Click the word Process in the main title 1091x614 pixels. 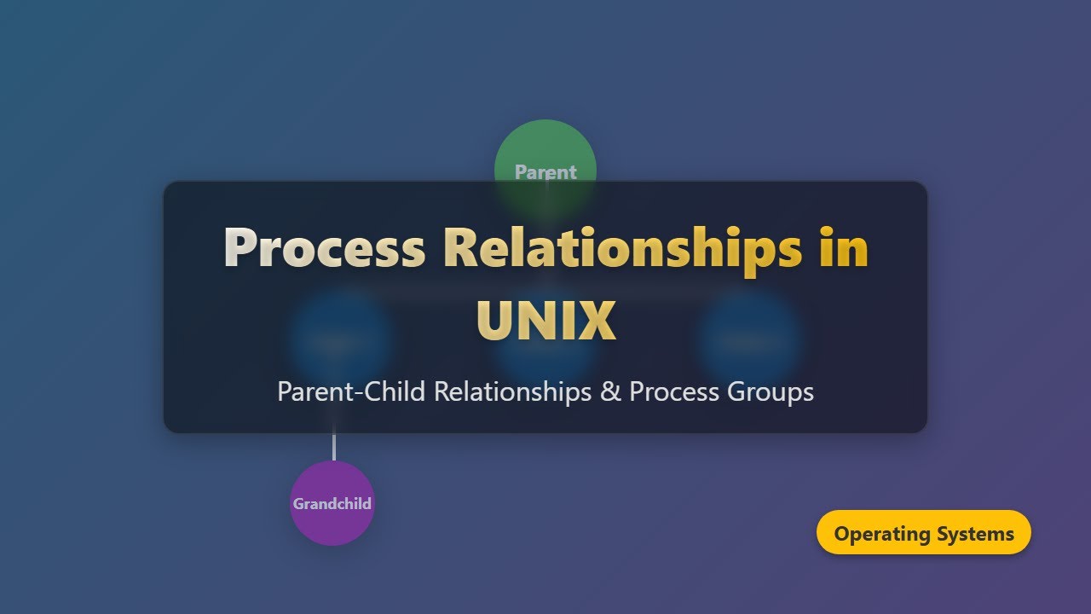(x=324, y=248)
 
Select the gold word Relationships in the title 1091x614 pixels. (x=622, y=248)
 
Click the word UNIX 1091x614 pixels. (x=545, y=321)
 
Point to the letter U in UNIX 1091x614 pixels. (x=495, y=321)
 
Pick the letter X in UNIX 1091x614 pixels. (x=598, y=321)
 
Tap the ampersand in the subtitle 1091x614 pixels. (x=610, y=391)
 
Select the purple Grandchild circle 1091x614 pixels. (x=332, y=503)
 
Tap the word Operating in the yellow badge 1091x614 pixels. (x=882, y=534)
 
